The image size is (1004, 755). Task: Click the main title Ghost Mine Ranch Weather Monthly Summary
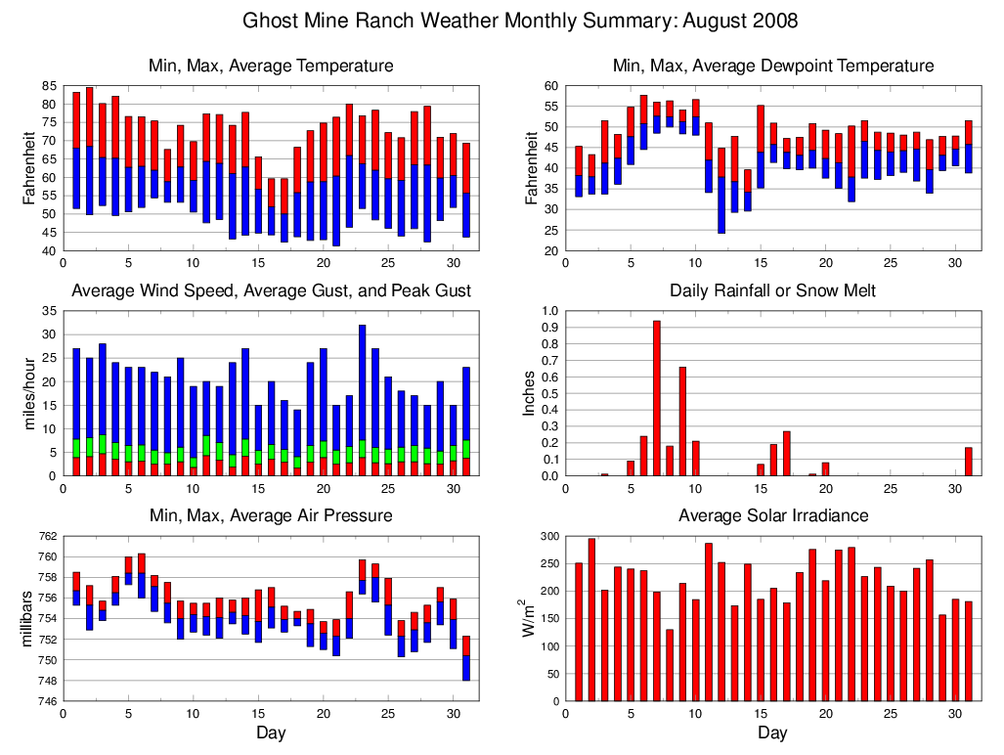point(519,21)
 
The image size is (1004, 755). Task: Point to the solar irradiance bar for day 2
point(591,619)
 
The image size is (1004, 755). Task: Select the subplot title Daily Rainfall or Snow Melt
point(772,290)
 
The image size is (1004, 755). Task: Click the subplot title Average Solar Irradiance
point(772,515)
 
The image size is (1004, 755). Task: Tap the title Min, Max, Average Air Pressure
point(271,515)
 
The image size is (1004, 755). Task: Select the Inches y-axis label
point(529,393)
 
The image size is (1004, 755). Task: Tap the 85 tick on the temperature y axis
point(49,86)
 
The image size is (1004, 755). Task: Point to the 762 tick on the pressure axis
point(46,536)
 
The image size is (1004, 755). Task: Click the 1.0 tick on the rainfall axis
point(548,311)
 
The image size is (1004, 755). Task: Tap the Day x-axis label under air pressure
point(271,733)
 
